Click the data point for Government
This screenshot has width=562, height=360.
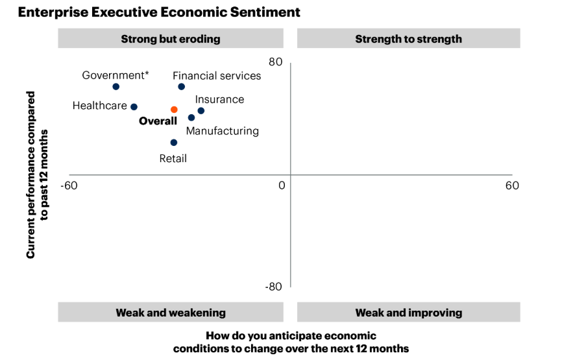pos(116,86)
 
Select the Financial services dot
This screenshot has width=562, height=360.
pos(182,86)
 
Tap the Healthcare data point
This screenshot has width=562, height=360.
pos(134,107)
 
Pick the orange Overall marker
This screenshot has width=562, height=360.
pos(174,110)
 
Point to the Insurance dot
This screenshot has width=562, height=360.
pos(201,111)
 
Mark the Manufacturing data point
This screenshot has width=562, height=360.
pos(191,117)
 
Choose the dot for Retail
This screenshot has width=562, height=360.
pos(174,143)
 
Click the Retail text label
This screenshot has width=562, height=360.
pos(173,158)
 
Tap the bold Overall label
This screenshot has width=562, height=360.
pos(158,121)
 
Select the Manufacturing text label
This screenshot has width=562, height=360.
pos(223,131)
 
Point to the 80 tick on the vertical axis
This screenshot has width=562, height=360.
pos(276,62)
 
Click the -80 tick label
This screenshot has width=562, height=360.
pos(273,287)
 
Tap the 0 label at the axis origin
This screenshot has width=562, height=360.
pos(282,186)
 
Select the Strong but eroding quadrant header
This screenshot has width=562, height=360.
pos(171,39)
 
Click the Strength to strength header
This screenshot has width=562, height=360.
pos(408,39)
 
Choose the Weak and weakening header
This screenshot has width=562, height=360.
pos(171,313)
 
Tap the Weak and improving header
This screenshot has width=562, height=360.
pos(408,313)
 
